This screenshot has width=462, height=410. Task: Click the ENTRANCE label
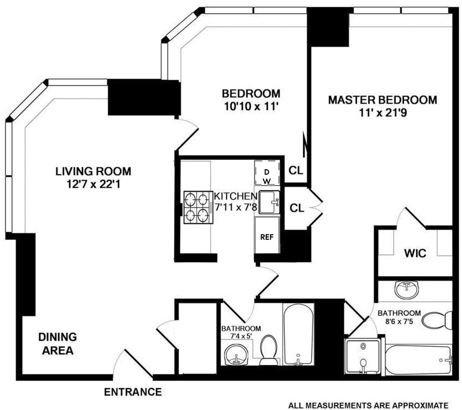pyautogui.click(x=133, y=392)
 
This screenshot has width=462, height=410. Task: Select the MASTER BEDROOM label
pyautogui.click(x=382, y=100)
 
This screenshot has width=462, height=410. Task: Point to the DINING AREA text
pyautogui.click(x=57, y=343)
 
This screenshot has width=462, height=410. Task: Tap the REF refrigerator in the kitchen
pyautogui.click(x=267, y=237)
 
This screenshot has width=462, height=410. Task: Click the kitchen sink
pyautogui.click(x=269, y=202)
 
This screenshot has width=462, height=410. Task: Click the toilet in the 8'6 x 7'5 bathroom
pyautogui.click(x=438, y=321)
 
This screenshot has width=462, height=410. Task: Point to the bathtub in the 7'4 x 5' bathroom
pyautogui.click(x=298, y=335)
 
